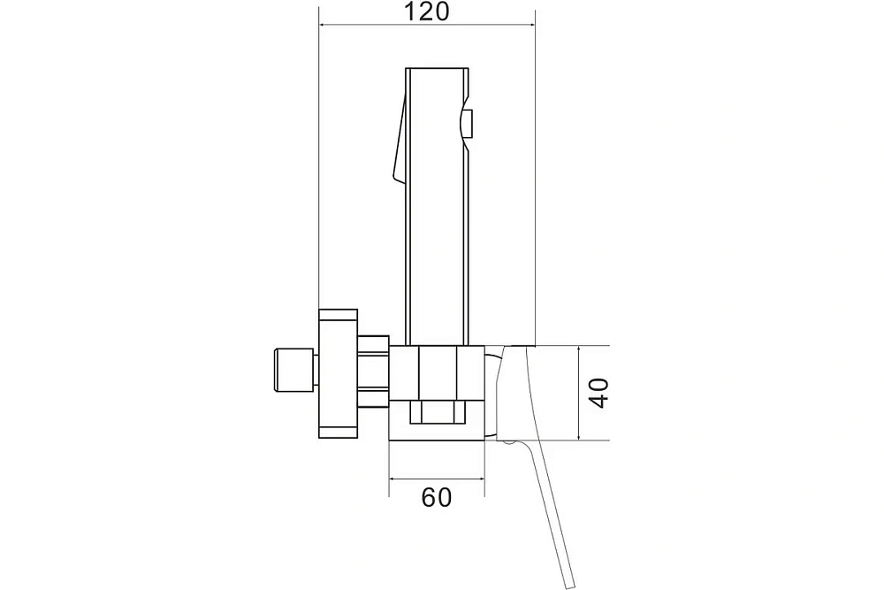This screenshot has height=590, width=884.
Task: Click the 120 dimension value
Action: pos(428,11)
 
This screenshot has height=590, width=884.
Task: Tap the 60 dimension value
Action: pos(437,497)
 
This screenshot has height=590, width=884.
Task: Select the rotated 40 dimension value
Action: pos(598,393)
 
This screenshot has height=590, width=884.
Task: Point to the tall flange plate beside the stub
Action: pos(338,373)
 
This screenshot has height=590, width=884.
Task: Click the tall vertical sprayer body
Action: pos(437,206)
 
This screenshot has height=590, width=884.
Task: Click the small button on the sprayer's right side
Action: pos(468,124)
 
